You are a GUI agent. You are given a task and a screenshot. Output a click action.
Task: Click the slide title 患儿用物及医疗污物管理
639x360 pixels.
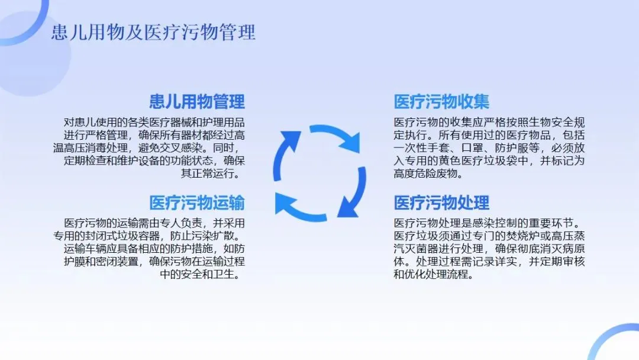coord(153,31)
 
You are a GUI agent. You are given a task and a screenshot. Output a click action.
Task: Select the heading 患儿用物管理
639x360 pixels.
coord(197,101)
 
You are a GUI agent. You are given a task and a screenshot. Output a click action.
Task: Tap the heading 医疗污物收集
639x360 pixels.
coord(442,101)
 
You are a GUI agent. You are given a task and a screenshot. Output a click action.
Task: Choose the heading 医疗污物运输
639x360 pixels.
coord(197,203)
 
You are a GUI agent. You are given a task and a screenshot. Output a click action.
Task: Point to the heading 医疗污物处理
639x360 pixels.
coord(442,203)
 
